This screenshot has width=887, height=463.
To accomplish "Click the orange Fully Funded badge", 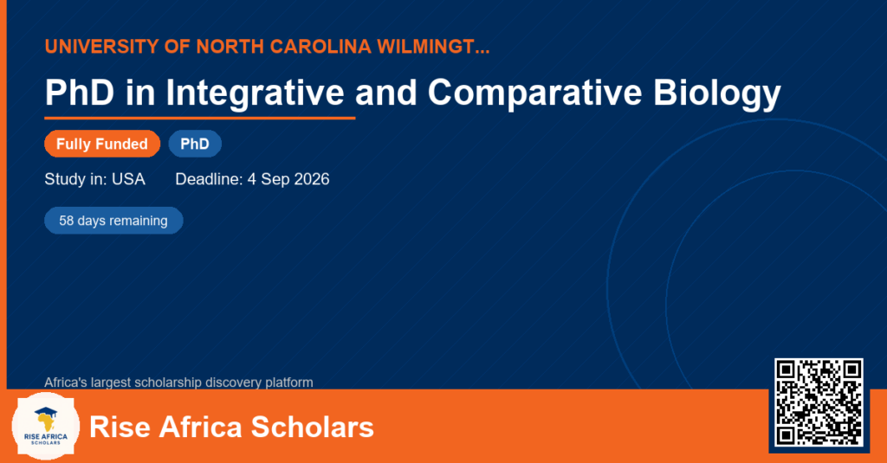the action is (x=102, y=144).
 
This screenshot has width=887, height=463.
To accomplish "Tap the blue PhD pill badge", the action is (x=195, y=144).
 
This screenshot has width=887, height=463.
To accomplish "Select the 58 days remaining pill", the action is (x=113, y=221).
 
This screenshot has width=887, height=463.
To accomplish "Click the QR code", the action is (x=819, y=402).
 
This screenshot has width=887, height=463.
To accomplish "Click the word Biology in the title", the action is (x=717, y=93).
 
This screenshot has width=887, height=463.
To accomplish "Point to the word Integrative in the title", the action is (x=256, y=93).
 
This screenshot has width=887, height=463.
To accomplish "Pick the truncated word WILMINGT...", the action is (x=433, y=47).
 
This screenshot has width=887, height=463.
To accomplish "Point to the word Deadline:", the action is (x=210, y=179).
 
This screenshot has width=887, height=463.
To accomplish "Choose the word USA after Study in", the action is (x=128, y=179).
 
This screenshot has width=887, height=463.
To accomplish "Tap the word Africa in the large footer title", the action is (x=201, y=427).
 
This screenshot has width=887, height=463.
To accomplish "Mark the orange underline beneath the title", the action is (x=200, y=119).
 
